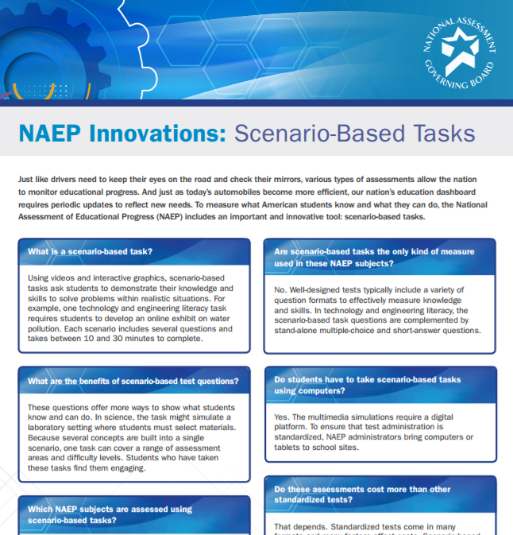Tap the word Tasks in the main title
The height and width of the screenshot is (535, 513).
(x=439, y=132)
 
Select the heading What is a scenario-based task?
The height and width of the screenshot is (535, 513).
(x=91, y=252)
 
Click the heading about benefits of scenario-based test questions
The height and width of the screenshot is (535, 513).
(x=133, y=381)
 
